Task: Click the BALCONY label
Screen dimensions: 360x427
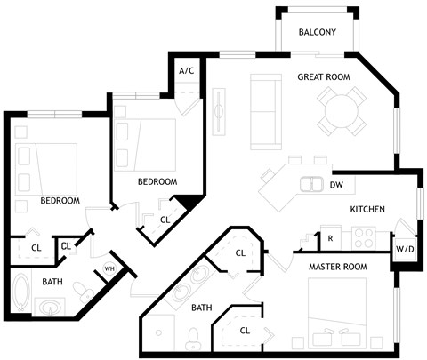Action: pyautogui.click(x=317, y=33)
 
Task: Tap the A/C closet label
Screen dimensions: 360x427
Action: pyautogui.click(x=187, y=70)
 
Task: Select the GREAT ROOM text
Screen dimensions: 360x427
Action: pyautogui.click(x=323, y=77)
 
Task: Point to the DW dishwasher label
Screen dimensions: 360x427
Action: pyautogui.click(x=336, y=186)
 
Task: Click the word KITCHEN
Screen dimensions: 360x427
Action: pyautogui.click(x=367, y=210)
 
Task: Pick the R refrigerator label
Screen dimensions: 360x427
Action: pyautogui.click(x=330, y=238)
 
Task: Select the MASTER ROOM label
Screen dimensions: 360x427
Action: pyautogui.click(x=337, y=267)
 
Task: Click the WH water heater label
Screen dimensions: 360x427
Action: pyautogui.click(x=110, y=268)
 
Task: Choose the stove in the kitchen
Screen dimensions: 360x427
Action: pyautogui.click(x=363, y=237)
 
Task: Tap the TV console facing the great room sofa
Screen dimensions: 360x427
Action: pyautogui.click(x=219, y=113)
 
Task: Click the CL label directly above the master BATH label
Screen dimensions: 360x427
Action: pyautogui.click(x=239, y=253)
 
